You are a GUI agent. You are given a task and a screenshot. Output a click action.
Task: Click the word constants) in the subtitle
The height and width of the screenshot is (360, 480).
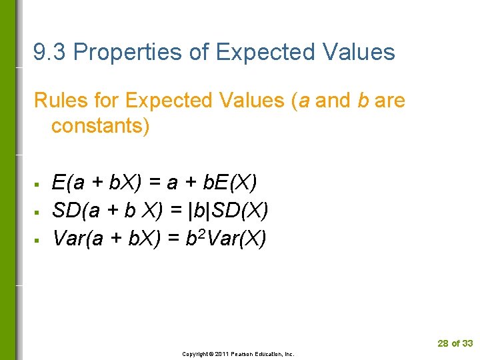pyautogui.click(x=101, y=126)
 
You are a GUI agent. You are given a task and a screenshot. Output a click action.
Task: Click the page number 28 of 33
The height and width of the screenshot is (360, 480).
pyautogui.click(x=455, y=343)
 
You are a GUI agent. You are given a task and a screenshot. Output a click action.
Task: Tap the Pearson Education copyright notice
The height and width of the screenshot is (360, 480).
pyautogui.click(x=238, y=354)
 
